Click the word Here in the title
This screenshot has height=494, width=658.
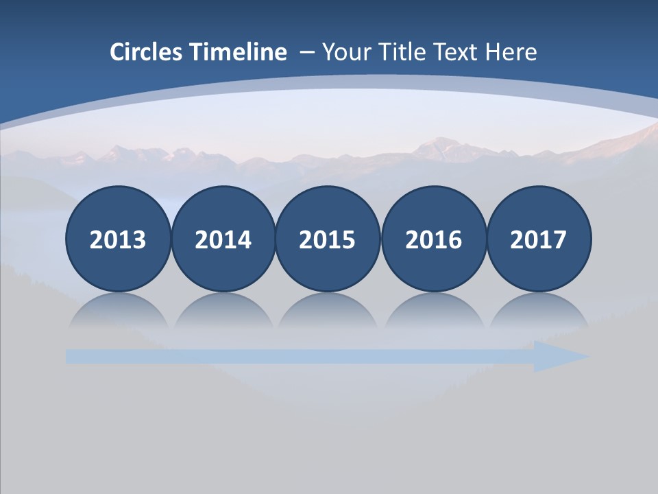(511, 52)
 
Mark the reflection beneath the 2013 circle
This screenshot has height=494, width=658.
(118, 312)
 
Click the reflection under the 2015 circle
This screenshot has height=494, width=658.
(328, 312)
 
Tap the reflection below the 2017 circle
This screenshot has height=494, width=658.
(538, 312)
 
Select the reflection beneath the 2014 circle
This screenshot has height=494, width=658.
(223, 312)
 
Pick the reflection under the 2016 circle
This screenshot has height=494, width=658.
(433, 312)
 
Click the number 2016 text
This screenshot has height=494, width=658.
(433, 240)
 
